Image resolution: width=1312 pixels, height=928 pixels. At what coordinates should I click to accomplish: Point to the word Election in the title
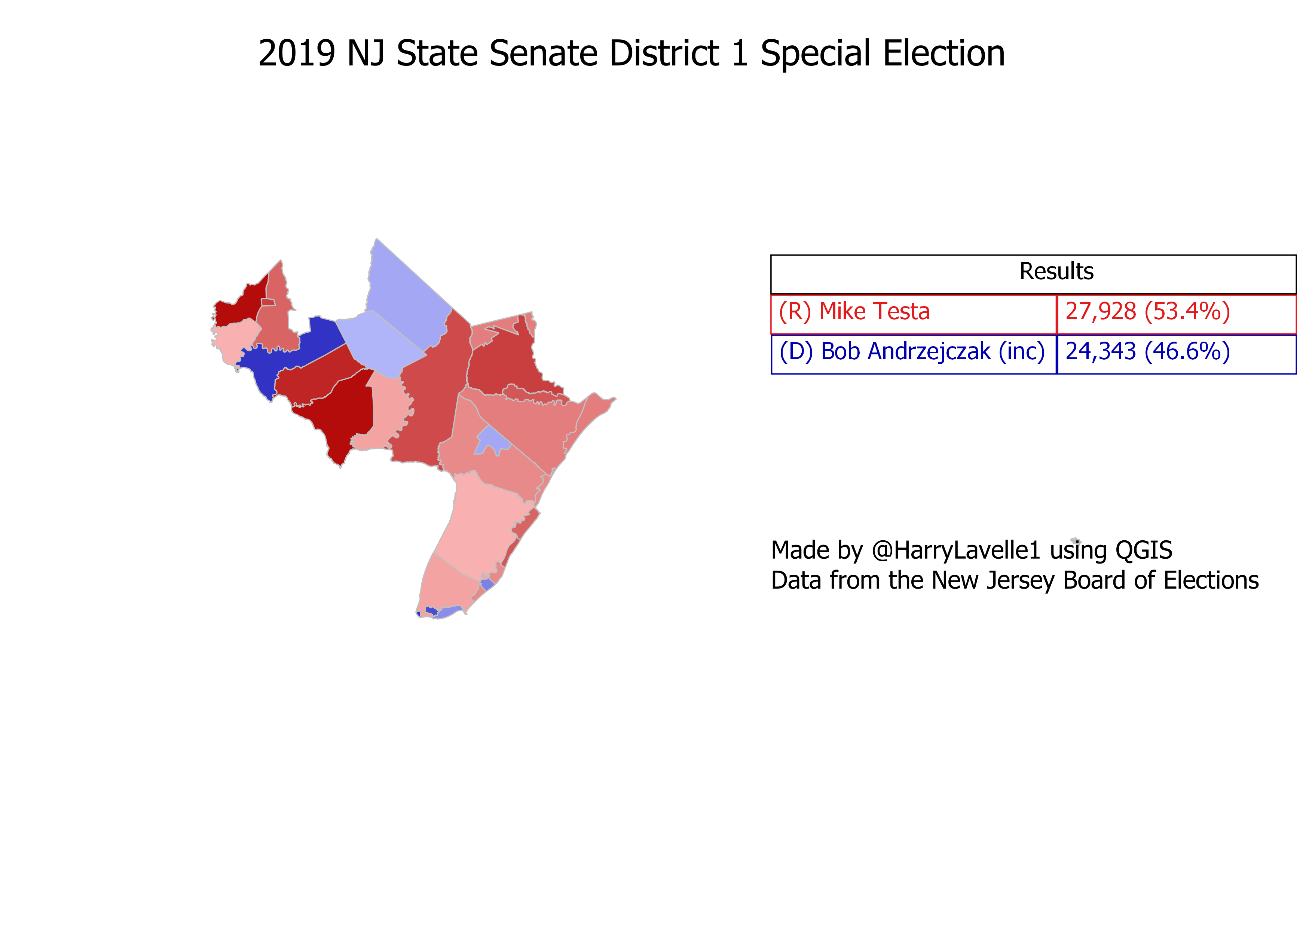pos(944,54)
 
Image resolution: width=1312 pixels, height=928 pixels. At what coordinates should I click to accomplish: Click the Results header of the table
pos(1056,271)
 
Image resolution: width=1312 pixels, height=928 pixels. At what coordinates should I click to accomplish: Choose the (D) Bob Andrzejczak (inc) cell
pos(912,351)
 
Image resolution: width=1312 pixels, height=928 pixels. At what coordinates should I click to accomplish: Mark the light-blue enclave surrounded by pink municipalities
pos(493,440)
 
